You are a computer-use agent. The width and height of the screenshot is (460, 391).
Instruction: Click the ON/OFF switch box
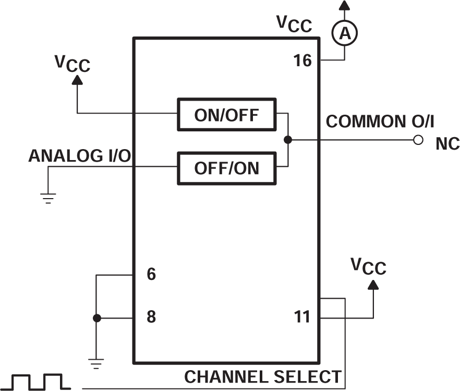[x=226, y=114]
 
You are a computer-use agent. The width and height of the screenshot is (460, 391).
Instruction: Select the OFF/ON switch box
[x=226, y=168]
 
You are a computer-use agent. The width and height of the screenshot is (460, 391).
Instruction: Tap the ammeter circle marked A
[x=344, y=33]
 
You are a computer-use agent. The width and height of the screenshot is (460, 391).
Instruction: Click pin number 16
[x=302, y=61]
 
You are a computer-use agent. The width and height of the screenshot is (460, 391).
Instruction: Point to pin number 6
[x=151, y=274]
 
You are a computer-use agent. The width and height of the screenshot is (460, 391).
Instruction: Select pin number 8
[x=151, y=317]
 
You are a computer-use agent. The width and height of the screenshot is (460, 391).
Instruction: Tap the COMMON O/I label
[x=380, y=121]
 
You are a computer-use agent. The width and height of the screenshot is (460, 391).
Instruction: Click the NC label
[x=447, y=144]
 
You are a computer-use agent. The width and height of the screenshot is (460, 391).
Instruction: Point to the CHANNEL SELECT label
[x=263, y=376]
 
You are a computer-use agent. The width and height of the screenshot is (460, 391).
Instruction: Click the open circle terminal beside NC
[x=417, y=140]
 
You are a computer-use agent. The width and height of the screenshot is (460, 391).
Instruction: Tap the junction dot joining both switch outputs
[x=287, y=140]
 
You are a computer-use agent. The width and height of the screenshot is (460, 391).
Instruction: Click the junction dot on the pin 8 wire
[x=96, y=317]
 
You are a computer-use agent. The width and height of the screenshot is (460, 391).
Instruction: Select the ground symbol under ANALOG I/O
[x=48, y=198]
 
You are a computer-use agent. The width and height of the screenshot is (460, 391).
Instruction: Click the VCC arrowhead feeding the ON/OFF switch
[x=77, y=80]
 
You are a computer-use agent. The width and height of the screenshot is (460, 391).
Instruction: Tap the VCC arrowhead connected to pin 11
[x=373, y=285]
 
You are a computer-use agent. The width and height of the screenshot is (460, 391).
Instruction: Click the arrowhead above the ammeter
[x=344, y=5]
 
